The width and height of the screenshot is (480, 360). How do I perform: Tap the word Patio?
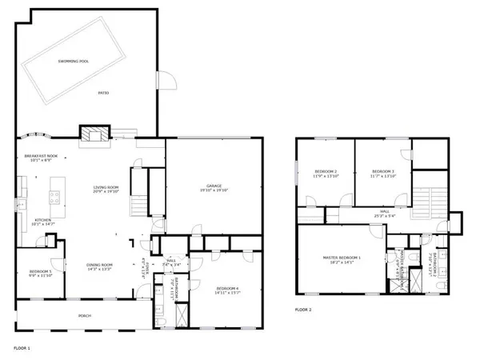(x=103, y=94)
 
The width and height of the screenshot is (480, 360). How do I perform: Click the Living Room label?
(x=105, y=189)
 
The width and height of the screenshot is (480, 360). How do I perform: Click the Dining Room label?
(x=101, y=266)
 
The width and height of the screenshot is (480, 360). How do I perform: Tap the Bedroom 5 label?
(x=40, y=273)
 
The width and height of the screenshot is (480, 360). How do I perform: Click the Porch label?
(x=84, y=315)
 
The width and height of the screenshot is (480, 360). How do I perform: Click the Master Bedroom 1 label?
(x=342, y=258)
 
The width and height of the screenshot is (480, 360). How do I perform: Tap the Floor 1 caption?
(x=22, y=348)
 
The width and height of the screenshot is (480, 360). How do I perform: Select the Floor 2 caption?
(x=303, y=309)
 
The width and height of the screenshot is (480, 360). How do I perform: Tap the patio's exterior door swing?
(x=166, y=80)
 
